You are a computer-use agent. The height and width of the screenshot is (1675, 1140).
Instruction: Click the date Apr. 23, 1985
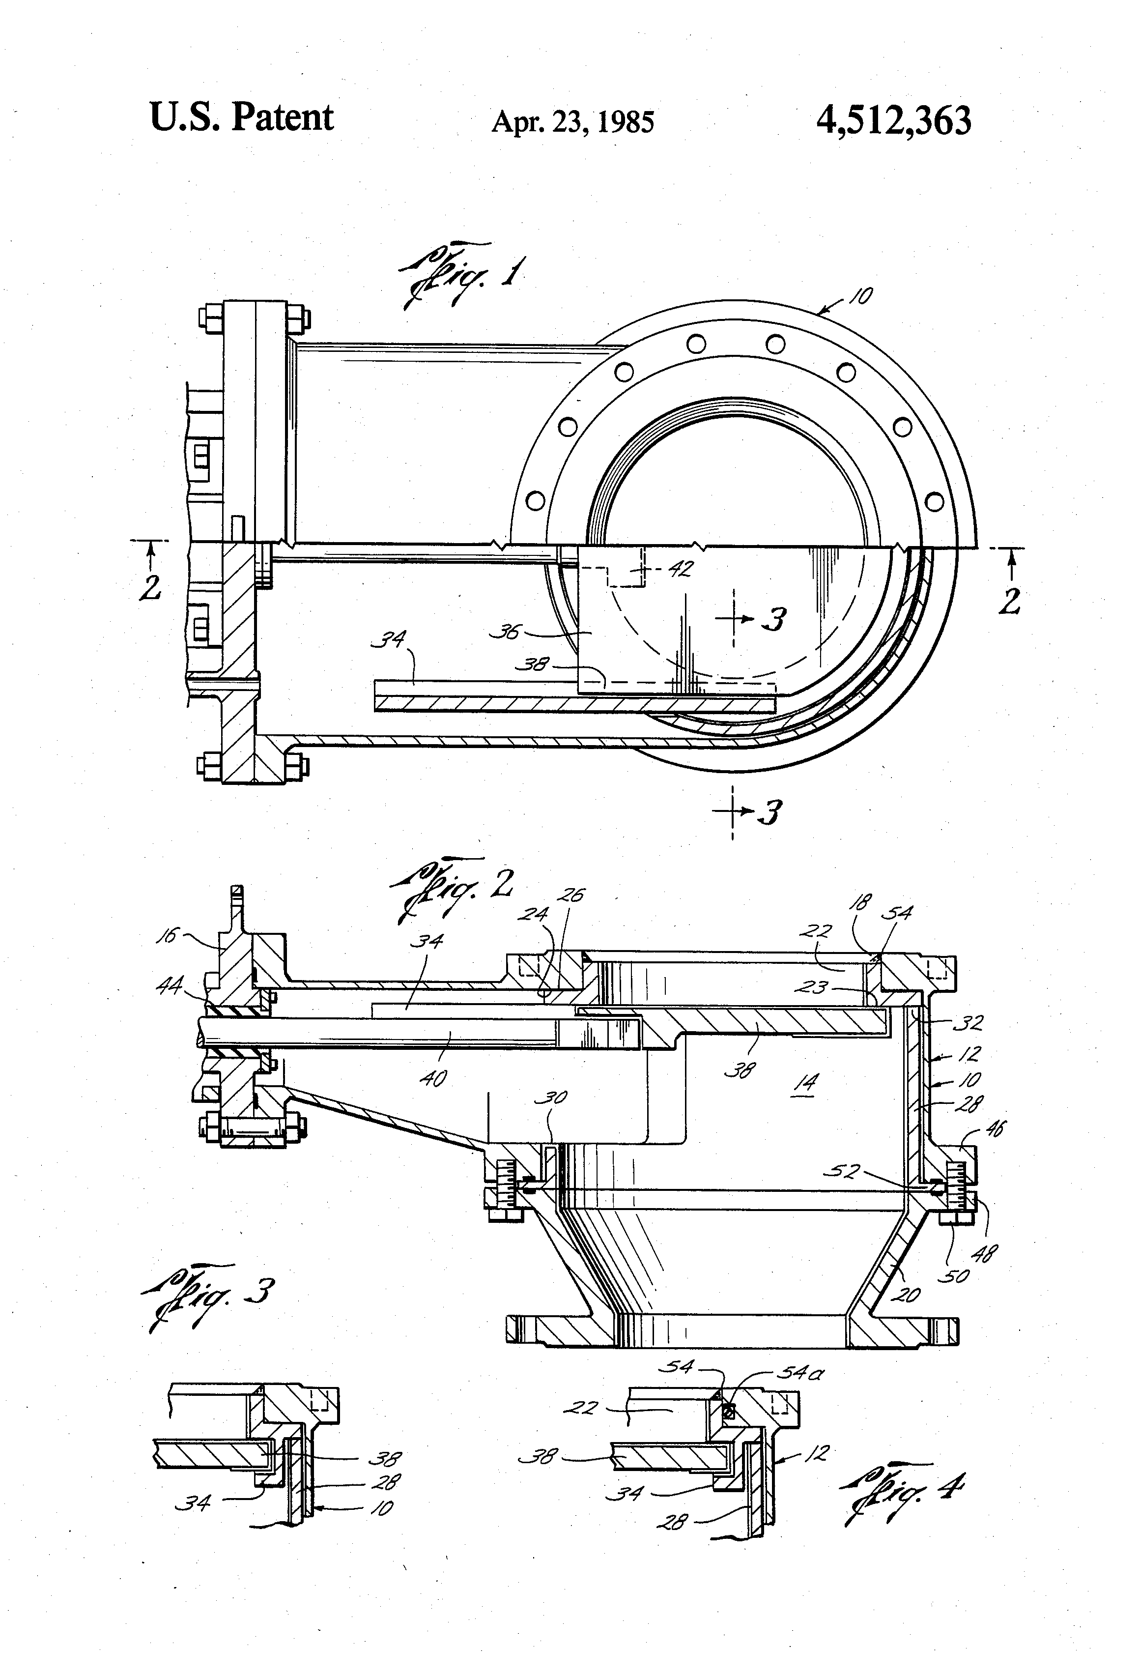[x=573, y=122]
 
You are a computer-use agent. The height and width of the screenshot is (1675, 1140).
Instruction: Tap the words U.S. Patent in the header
[x=241, y=117]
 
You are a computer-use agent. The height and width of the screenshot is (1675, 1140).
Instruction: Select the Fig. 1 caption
[x=461, y=276]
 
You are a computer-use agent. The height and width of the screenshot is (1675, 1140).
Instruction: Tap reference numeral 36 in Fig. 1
[x=505, y=632]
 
